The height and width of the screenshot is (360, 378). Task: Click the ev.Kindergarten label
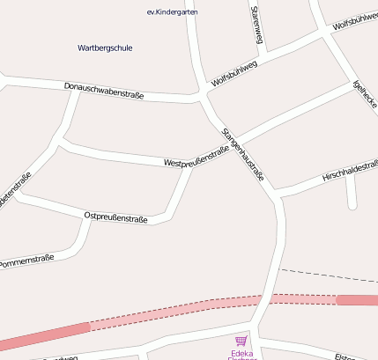[x=172, y=12]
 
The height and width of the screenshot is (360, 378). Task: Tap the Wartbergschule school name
[x=105, y=48]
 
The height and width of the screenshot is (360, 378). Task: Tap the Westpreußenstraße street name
[x=196, y=157]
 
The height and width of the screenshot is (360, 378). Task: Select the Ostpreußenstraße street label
[x=115, y=217]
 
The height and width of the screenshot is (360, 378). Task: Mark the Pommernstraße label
[x=26, y=261]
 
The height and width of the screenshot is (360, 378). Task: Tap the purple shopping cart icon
[x=241, y=341]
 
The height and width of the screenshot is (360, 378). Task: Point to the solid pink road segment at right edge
[x=357, y=300]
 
